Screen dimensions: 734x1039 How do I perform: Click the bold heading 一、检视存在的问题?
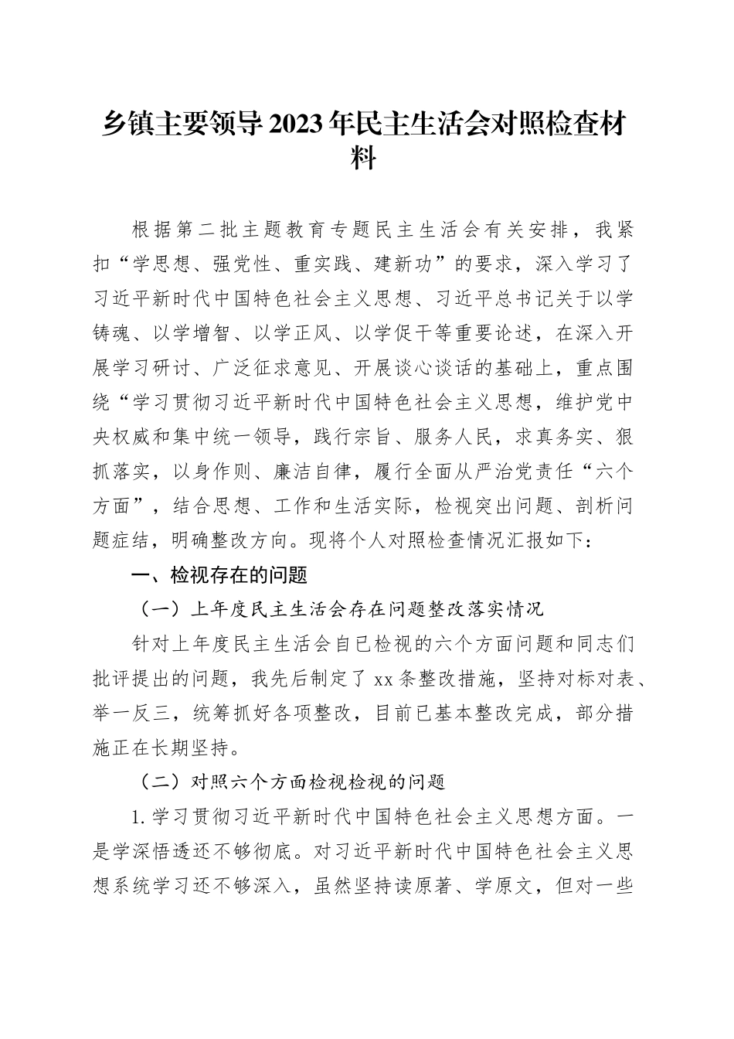tap(209, 574)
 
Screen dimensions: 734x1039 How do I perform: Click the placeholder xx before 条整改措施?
tap(383, 680)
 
